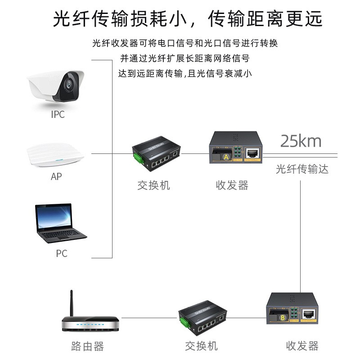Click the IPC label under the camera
58,114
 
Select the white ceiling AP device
55,154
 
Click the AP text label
56,177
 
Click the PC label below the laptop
61,253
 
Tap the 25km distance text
301,141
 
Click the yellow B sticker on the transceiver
282,317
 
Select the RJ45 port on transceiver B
309,313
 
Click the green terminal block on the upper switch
136,157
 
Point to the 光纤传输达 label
302,169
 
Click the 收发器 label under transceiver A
232,185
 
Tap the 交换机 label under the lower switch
201,346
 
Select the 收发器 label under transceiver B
302,346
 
